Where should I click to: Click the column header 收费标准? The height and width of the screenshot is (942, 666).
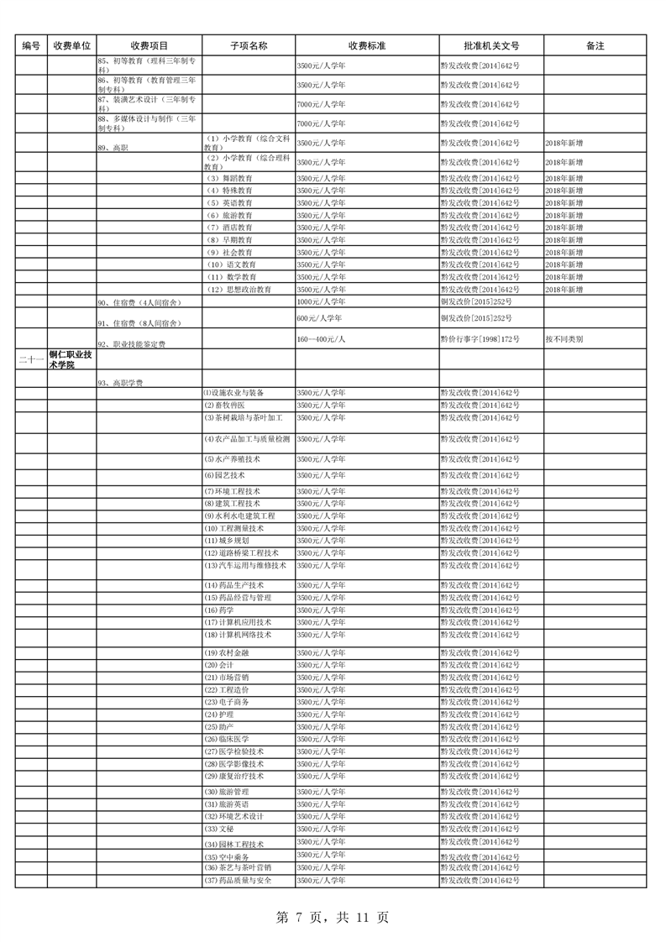coord(366,45)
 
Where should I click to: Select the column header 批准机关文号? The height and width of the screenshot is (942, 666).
coord(491,45)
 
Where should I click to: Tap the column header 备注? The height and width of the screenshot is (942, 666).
coord(595,45)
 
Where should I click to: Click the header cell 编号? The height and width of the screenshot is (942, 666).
coord(31,45)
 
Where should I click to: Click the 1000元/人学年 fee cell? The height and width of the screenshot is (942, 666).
coord(320,301)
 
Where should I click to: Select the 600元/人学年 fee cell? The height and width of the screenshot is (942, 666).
coord(317,318)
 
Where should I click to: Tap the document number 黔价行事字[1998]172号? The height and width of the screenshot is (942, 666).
coord(480,339)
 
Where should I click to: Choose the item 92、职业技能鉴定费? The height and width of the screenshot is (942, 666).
coord(132,344)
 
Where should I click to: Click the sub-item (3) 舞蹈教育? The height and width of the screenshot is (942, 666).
coord(229,179)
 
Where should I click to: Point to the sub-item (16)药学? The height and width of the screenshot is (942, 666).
coord(220,610)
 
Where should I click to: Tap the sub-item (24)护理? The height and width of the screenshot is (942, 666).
coord(220,714)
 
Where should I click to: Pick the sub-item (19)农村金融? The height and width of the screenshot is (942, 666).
coord(227,653)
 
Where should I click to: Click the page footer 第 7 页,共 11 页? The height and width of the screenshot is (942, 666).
coord(333,917)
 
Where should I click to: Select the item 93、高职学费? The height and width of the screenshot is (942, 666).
coord(121,383)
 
